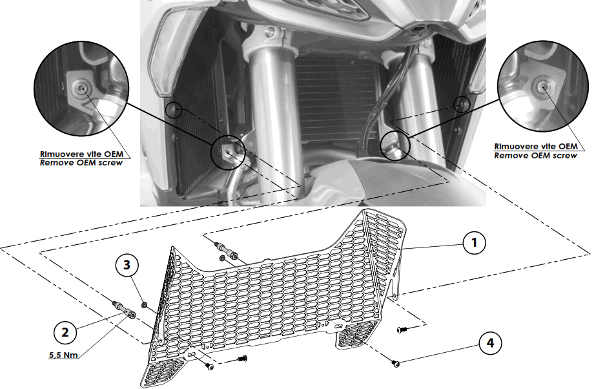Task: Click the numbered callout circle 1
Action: (x=473, y=243)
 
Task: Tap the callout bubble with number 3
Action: (x=127, y=264)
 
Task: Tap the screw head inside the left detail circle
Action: (x=80, y=89)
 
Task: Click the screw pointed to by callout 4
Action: (x=396, y=364)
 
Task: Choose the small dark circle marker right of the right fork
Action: (x=461, y=103)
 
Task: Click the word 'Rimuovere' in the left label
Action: (x=59, y=154)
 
